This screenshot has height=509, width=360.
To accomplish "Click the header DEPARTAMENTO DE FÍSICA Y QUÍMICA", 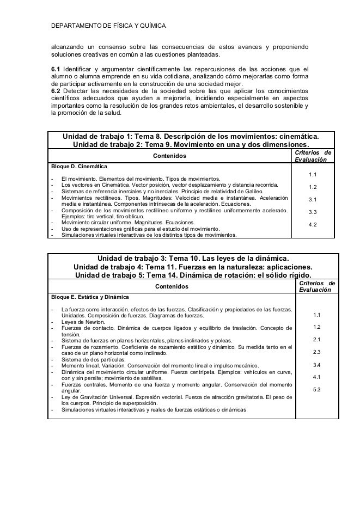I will pyautogui.click(x=108, y=26).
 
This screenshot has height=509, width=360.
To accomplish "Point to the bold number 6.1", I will pyautogui.click(x=55, y=69).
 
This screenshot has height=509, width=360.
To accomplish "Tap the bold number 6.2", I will pyautogui.click(x=55, y=90).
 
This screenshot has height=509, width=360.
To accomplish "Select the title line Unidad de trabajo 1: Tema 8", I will pyautogui.click(x=191, y=136).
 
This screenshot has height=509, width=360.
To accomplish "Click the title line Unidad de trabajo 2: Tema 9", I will pyautogui.click(x=191, y=145).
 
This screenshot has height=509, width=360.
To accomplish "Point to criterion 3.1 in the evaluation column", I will pyautogui.click(x=313, y=199).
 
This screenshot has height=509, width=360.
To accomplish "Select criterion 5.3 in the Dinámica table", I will pyautogui.click(x=316, y=389).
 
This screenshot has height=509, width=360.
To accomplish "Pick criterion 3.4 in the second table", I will pyautogui.click(x=316, y=364).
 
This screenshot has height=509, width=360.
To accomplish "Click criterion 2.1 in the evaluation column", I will pyautogui.click(x=316, y=339).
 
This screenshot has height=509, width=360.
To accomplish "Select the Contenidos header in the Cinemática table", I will pyautogui.click(x=169, y=156).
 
